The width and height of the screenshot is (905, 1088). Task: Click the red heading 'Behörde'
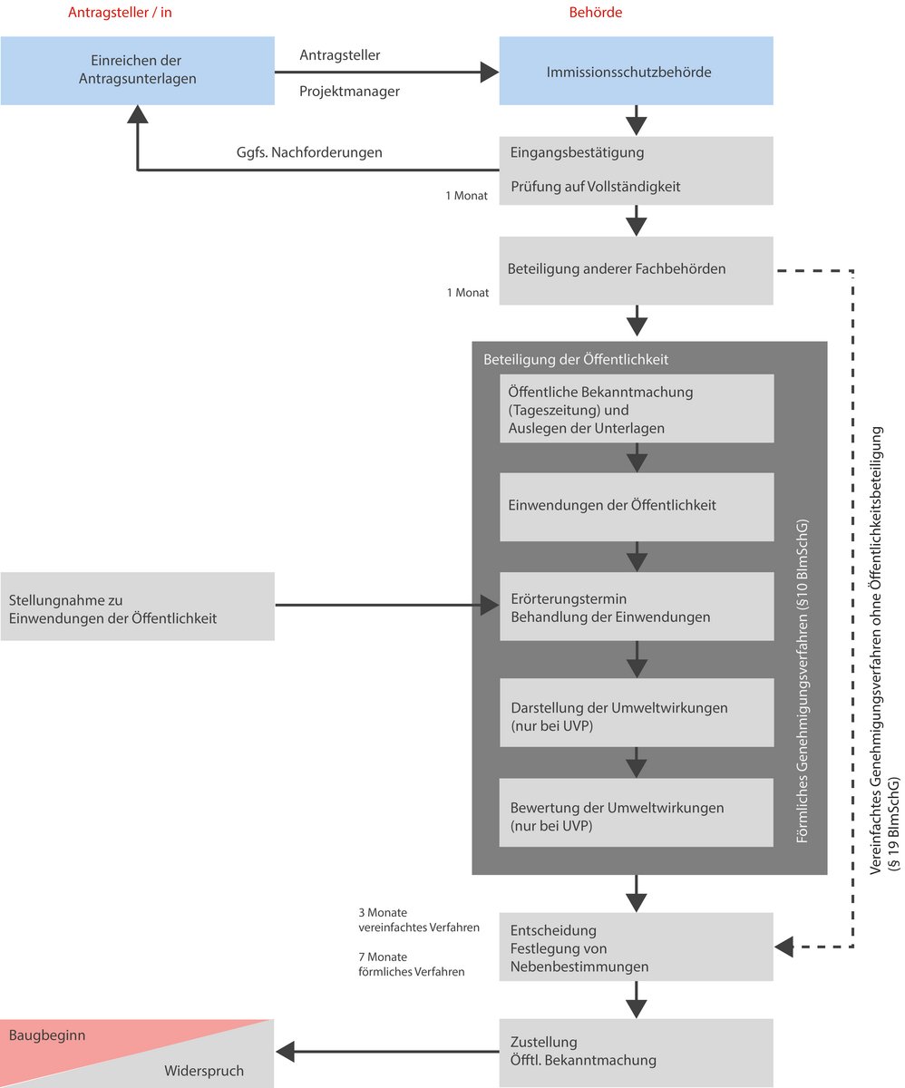point(596,13)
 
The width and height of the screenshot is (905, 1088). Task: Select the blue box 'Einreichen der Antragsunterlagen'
point(137,71)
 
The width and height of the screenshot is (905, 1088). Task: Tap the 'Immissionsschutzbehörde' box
point(636,71)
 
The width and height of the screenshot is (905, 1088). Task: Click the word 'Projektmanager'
point(350,91)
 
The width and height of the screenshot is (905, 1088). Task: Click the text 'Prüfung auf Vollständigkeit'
point(595,187)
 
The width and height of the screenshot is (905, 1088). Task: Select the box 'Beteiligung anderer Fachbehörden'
point(636,269)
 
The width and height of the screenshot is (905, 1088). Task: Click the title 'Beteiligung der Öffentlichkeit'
point(576,359)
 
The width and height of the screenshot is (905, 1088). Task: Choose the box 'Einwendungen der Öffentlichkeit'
point(636,506)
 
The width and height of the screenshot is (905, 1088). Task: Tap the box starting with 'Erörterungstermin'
point(636,607)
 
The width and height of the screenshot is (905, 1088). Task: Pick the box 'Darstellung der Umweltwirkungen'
point(636,716)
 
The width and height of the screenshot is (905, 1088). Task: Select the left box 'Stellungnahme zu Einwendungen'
point(137,607)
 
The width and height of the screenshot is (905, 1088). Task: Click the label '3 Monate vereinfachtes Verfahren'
point(419,919)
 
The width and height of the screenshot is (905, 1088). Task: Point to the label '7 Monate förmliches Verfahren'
point(412,964)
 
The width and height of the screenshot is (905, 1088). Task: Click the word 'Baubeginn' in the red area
point(47,1035)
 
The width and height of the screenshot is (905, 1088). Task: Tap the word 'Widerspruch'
point(204,1071)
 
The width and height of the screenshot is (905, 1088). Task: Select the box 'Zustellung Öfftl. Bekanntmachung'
point(636,1052)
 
